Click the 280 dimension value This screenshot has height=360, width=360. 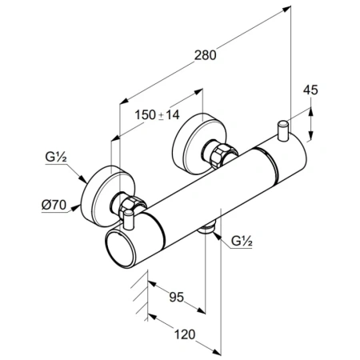point(205,55)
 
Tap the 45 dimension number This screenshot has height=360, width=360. point(310,90)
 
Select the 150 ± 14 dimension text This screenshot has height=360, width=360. point(157,115)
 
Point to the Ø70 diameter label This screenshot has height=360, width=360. point(54,205)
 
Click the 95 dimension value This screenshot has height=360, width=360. point(177,297)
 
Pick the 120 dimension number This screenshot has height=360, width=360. point(185,334)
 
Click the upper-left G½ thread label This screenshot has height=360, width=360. point(56,157)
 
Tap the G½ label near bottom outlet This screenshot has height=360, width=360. point(242,242)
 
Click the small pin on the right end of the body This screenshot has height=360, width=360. point(283,130)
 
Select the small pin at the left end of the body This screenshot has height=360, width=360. point(129,220)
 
